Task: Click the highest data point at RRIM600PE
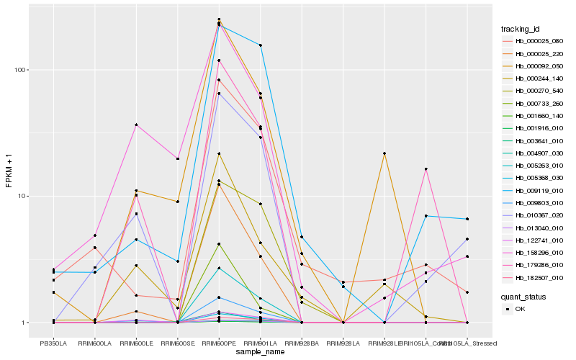[x=219, y=19]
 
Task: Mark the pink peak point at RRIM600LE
[x=136, y=125]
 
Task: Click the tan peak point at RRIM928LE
[x=384, y=153]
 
